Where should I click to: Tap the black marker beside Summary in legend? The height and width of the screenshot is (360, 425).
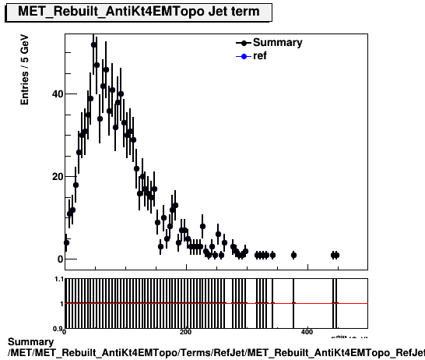click(246, 43)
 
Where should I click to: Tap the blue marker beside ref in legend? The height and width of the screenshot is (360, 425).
click(246, 56)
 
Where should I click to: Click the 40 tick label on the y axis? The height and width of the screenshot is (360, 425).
click(54, 94)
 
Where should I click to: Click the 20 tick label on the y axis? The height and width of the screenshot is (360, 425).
click(54, 177)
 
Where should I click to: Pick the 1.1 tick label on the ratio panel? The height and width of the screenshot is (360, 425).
click(57, 279)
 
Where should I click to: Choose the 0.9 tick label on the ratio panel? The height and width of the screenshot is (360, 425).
click(57, 328)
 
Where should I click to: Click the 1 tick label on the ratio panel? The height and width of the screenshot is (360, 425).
click(60, 303)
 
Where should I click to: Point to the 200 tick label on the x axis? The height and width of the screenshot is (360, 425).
click(185, 332)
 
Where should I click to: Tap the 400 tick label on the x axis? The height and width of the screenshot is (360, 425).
click(307, 332)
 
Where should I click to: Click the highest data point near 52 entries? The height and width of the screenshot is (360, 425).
click(93, 45)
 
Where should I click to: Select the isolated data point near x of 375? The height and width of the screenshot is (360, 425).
click(293, 255)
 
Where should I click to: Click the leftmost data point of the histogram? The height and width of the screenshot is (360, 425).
click(66, 242)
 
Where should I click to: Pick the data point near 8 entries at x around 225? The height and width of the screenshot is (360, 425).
click(202, 226)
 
